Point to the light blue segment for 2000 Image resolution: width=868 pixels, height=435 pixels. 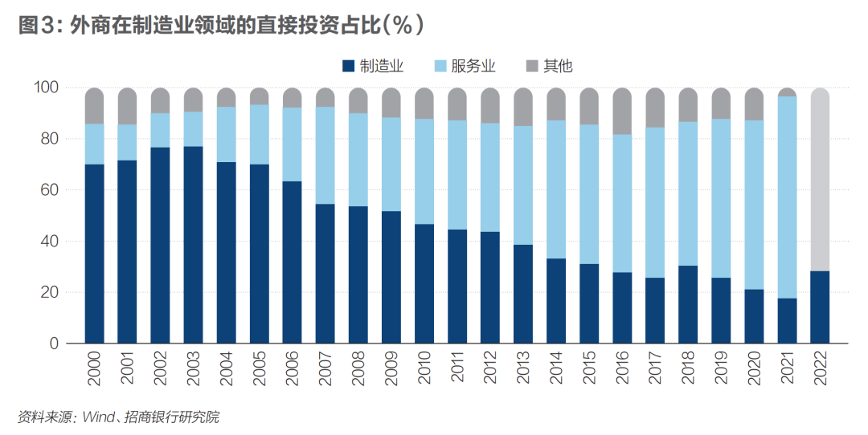point(95,144)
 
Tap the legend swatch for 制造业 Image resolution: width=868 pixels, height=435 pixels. point(348,66)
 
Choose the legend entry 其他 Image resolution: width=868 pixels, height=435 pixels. point(558,66)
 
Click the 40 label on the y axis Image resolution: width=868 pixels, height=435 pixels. point(51,242)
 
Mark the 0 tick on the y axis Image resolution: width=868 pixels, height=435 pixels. point(55,344)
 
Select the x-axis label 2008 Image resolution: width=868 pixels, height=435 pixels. point(358,365)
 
